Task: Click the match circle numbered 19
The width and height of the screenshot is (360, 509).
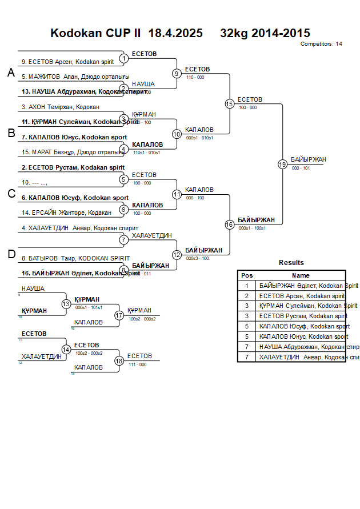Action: point(282,164)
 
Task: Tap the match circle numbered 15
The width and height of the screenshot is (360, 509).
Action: point(229,103)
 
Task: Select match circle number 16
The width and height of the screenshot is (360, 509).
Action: point(229,225)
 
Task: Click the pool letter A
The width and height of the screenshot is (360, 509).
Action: point(11,73)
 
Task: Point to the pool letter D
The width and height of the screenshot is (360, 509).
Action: point(11,254)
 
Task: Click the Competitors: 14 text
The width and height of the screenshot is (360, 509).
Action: point(321,43)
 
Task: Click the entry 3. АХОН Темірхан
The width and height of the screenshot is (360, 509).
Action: point(61,107)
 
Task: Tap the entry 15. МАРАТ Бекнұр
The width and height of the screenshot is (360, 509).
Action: point(73,152)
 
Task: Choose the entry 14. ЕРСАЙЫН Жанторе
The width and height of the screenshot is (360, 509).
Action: point(66,213)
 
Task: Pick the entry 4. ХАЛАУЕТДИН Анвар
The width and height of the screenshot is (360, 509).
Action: point(79,228)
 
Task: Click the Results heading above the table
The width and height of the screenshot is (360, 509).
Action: point(291,263)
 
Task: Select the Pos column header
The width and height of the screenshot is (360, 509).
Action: point(247,275)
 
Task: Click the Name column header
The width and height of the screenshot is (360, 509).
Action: point(301,275)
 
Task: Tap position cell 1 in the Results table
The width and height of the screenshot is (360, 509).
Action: point(247,286)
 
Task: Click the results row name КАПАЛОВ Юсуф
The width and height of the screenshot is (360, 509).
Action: point(304,327)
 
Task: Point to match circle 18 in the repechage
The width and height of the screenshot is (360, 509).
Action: point(119,360)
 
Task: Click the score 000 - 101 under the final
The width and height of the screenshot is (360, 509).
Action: point(301,169)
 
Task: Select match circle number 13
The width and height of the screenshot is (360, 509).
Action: point(66,304)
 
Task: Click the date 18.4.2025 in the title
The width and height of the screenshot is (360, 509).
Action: point(175,33)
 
